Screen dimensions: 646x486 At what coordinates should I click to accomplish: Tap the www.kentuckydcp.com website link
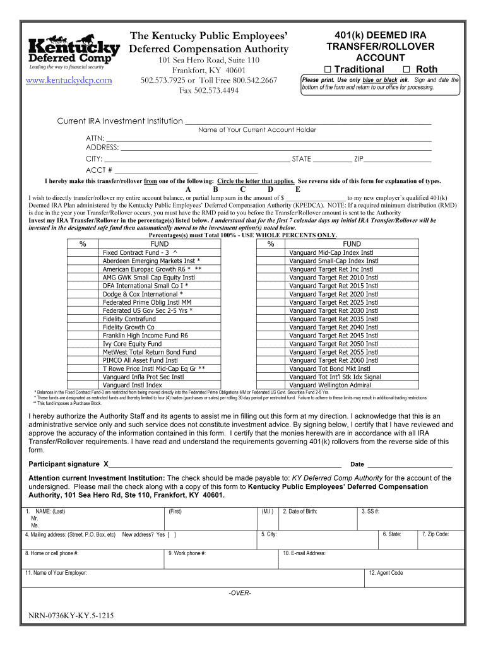(x=69, y=80)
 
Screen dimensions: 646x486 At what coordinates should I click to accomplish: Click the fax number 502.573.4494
(x=209, y=91)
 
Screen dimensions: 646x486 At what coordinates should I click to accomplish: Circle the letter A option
(x=188, y=189)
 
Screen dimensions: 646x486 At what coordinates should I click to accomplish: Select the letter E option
(x=298, y=189)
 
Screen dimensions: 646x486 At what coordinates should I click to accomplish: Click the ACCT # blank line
(x=186, y=170)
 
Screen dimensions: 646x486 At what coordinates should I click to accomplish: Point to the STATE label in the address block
(x=301, y=159)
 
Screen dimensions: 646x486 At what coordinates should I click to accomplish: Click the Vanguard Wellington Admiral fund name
(x=329, y=385)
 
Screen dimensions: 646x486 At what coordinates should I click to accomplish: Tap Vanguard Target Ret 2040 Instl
(x=333, y=327)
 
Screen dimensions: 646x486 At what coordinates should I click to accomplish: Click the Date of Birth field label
(x=300, y=512)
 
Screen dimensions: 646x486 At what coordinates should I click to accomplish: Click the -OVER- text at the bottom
(x=240, y=593)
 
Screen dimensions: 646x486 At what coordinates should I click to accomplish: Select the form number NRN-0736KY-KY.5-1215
(x=71, y=616)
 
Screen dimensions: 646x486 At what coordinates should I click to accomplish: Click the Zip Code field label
(x=436, y=534)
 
